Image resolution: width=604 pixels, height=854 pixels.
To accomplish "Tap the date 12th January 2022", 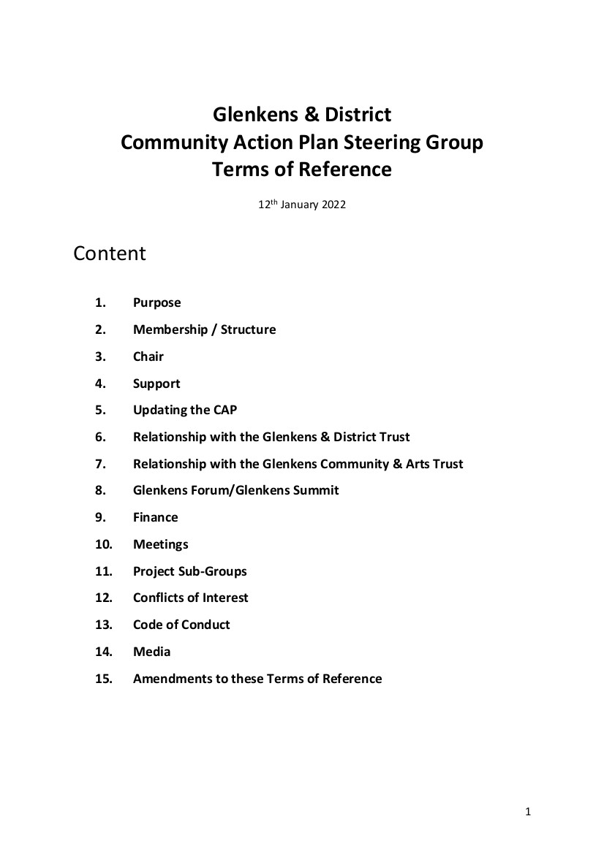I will [x=301, y=205].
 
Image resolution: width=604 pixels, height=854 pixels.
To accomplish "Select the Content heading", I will [x=110, y=253].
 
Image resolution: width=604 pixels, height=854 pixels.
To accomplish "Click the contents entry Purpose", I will [x=156, y=302].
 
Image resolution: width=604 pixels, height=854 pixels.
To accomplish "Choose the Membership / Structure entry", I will [x=204, y=329].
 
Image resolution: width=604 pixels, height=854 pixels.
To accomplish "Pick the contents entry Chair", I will [x=148, y=357].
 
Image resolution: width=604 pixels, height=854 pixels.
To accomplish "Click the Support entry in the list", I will [x=156, y=384].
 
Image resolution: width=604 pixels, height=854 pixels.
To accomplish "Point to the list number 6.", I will [x=100, y=437].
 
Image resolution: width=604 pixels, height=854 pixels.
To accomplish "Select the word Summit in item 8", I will [x=316, y=490].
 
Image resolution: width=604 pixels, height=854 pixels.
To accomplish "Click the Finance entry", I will [x=155, y=517].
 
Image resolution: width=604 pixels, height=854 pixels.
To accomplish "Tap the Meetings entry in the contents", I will [x=160, y=544].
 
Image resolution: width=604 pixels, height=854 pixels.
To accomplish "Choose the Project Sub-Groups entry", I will [x=189, y=571].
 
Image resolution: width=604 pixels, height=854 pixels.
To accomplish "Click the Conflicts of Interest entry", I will [x=190, y=598].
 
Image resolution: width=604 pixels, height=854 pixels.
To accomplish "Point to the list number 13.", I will [x=103, y=625].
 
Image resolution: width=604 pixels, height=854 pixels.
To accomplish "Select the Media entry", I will [x=151, y=652].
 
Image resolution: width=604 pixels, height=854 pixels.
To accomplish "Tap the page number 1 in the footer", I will [x=528, y=812].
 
